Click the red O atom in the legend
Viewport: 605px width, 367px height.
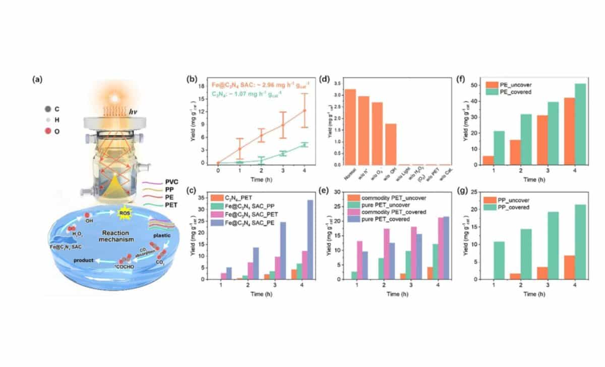50,131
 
